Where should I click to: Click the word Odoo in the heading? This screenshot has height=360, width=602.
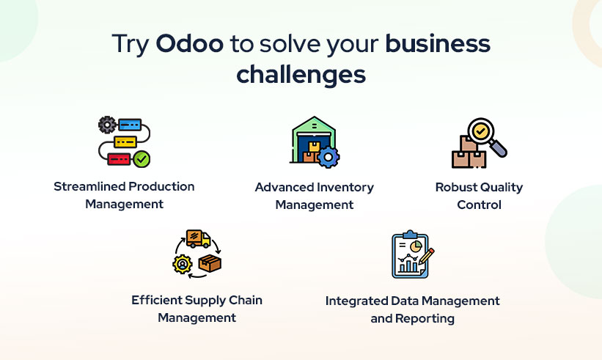(190, 43)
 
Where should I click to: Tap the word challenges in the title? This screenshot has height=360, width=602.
(301, 75)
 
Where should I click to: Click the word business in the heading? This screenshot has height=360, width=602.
(438, 43)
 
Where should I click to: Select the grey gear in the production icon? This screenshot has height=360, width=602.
(107, 125)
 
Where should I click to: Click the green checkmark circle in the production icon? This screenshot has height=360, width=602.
(142, 158)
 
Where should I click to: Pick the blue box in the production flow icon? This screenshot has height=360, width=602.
(130, 125)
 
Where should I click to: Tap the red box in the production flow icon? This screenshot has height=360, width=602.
(119, 159)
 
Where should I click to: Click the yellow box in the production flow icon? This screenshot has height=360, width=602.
(125, 142)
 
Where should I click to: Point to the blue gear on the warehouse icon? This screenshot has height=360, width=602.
(328, 157)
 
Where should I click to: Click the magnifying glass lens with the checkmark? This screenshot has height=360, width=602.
(480, 131)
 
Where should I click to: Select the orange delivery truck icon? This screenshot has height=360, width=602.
(198, 239)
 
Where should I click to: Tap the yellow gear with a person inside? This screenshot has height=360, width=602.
(183, 264)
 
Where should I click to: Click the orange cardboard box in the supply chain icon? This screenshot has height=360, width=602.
(210, 263)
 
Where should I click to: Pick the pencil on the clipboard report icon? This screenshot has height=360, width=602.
(426, 257)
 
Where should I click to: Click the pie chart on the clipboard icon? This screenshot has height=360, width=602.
(416, 246)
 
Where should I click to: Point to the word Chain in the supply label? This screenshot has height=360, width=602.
(246, 300)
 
